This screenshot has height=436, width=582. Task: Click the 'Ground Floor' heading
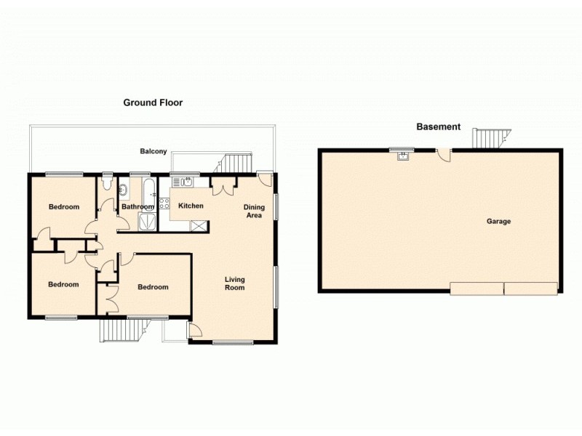tap(152, 102)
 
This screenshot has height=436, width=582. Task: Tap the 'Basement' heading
tap(438, 126)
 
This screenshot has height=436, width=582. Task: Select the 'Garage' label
tap(499, 221)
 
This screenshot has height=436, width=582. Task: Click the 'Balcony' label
tap(154, 151)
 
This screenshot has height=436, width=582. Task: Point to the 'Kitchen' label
tap(191, 206)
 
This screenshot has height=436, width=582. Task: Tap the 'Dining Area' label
tap(253, 211)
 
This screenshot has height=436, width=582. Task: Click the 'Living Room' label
tap(234, 283)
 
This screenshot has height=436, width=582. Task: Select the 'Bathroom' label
tap(137, 207)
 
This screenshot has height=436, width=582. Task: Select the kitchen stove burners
tap(164, 204)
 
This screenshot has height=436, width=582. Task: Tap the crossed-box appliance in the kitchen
tap(196, 225)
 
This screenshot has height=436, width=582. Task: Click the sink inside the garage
tap(402, 155)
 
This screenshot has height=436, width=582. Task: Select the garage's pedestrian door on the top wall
tap(445, 155)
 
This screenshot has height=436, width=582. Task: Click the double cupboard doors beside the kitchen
tap(223, 187)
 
